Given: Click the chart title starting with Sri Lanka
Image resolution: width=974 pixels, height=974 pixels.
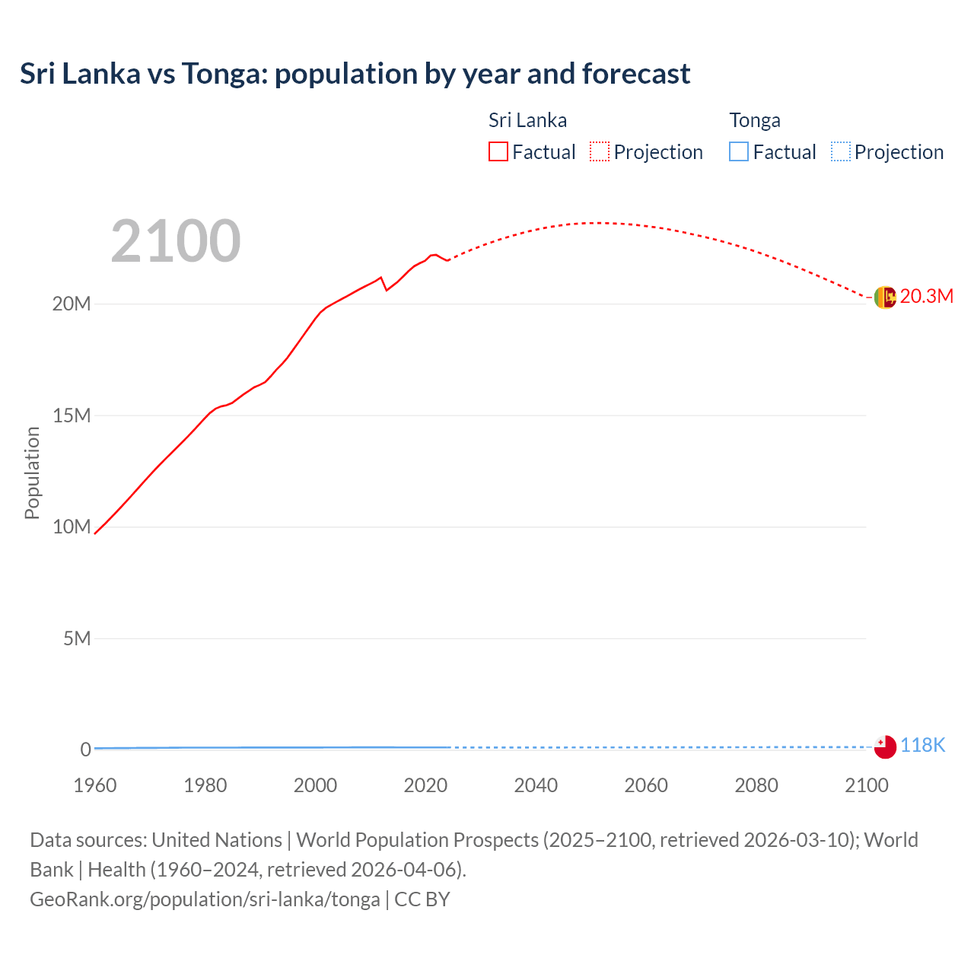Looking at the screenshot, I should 355,74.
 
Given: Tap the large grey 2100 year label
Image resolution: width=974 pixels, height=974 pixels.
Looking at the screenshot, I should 176,241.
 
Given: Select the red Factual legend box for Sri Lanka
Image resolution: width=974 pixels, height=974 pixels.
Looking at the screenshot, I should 498,151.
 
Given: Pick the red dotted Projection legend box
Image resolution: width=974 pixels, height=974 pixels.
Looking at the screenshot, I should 600,151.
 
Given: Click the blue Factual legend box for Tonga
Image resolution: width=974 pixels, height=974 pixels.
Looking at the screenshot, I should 738,151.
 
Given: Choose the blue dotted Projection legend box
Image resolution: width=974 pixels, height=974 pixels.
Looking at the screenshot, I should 840,151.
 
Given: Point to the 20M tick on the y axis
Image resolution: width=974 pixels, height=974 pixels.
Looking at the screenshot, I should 72,304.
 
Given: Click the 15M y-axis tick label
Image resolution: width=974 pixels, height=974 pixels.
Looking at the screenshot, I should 72,415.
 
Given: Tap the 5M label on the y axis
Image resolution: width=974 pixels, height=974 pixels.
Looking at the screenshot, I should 77,638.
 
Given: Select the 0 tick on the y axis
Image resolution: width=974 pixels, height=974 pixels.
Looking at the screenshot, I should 85,750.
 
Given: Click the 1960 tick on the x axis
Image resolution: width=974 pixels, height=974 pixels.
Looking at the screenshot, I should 95,785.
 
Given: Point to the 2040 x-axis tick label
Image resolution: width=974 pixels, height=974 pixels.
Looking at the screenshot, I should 536,785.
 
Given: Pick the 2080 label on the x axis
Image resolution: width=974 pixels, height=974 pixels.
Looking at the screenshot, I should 756,785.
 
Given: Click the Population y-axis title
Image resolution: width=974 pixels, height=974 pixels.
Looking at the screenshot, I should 32,473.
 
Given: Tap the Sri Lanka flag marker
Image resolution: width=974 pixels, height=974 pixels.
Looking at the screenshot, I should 885,298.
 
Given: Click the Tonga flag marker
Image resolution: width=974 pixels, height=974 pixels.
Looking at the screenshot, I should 885,747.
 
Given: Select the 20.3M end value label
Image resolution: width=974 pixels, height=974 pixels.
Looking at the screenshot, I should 926,296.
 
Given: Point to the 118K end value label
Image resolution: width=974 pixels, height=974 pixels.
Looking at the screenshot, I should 922,746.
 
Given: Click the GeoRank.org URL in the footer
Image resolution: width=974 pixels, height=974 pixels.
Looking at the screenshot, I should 205,899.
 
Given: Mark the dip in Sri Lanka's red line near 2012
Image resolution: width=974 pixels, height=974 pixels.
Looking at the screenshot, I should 387,290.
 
